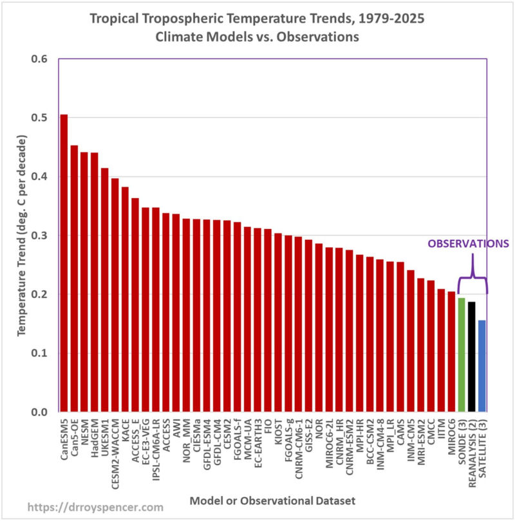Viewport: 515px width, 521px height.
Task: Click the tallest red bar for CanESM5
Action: (x=64, y=263)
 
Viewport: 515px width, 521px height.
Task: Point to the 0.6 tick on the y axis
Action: (x=38, y=59)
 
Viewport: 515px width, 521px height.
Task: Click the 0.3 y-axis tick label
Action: (x=38, y=235)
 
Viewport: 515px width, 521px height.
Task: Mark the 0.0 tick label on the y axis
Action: (x=38, y=412)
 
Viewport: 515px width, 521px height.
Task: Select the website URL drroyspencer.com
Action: (x=86, y=507)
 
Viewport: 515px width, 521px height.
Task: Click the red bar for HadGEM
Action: (x=95, y=282)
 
